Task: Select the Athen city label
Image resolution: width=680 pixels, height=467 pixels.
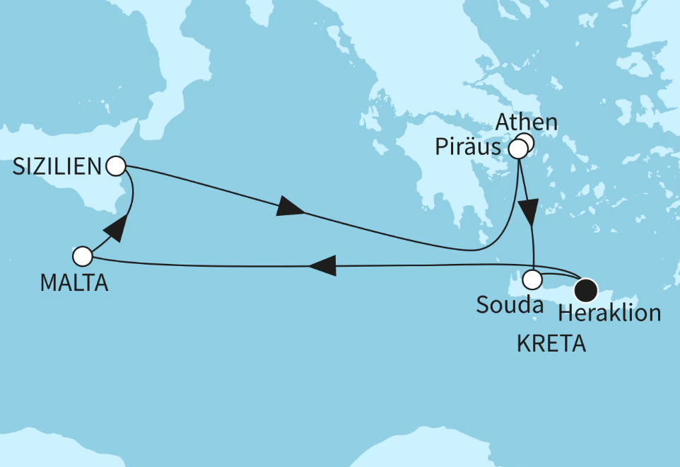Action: click(x=526, y=122)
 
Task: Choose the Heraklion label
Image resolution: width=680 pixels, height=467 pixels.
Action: click(x=609, y=313)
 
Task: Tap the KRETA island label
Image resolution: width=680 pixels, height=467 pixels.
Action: click(x=551, y=345)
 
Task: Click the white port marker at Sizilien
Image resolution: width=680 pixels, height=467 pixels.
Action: click(x=115, y=166)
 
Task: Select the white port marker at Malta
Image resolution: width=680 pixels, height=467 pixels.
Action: click(x=83, y=255)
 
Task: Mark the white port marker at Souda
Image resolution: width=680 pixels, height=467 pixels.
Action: click(x=532, y=279)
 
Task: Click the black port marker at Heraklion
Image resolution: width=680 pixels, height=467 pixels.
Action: click(x=586, y=289)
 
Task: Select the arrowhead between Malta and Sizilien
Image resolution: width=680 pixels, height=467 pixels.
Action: click(x=115, y=228)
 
